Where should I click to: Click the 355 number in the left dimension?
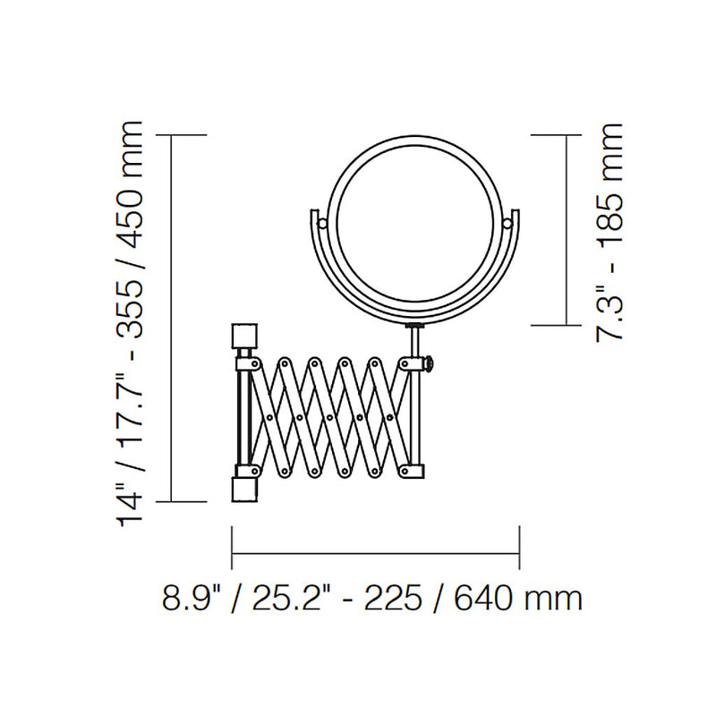pos(129,308)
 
